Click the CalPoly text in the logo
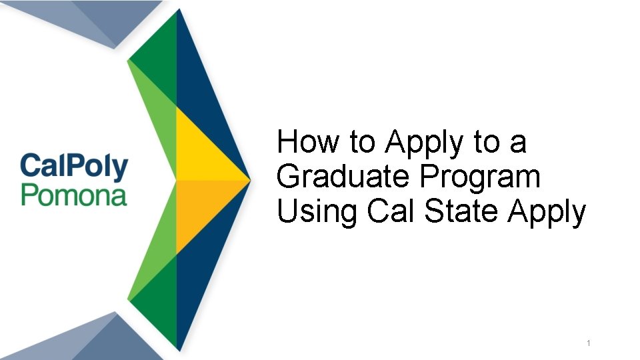point(73,166)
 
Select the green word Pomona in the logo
point(73,195)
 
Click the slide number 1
point(588,343)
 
